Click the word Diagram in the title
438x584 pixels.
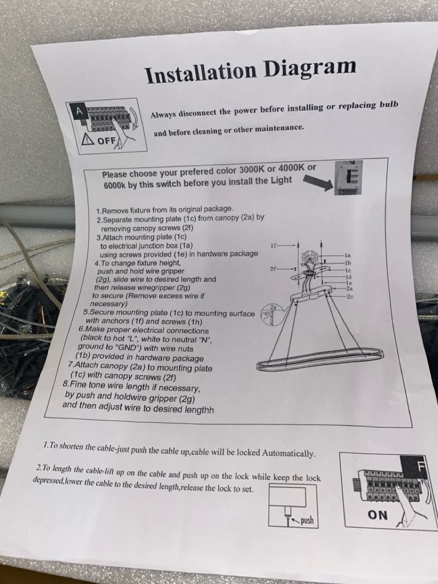tap(310, 67)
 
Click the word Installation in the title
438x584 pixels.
tap(201, 72)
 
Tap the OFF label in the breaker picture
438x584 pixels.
tap(106, 141)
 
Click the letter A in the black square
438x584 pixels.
tap(79, 111)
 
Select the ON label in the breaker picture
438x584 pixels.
tap(377, 515)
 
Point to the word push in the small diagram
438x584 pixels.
tap(307, 520)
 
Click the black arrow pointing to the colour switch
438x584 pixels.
tap(318, 182)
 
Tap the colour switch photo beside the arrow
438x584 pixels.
tap(348, 178)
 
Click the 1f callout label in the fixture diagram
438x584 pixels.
tap(273, 245)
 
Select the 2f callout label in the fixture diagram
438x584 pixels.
tap(273, 269)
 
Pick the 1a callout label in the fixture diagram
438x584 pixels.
tap(348, 255)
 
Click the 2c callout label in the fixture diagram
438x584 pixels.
tap(350, 296)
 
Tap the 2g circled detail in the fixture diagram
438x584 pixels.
tap(271, 315)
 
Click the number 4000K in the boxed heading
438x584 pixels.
tap(291, 168)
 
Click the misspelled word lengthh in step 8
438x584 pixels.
tap(199, 410)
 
